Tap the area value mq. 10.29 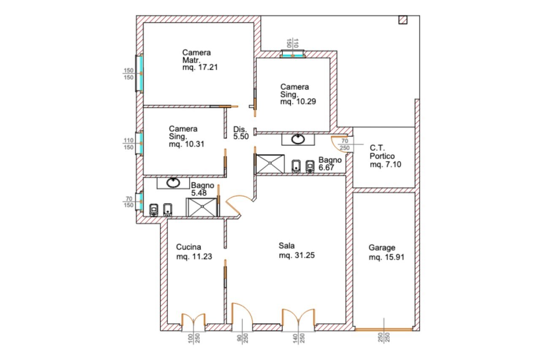coord(298,101)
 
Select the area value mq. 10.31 coord(186,143)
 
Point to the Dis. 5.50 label coord(241,133)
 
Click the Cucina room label coord(189,247)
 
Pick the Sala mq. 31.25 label coord(297,251)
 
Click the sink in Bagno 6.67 coord(299,139)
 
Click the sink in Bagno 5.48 coord(173,183)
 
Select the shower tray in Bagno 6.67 coord(270,164)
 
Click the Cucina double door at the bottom coord(193,319)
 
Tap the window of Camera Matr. coord(139,73)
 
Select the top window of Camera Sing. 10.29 coord(293,54)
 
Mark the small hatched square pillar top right coord(403,19)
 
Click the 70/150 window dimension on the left coord(129,202)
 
